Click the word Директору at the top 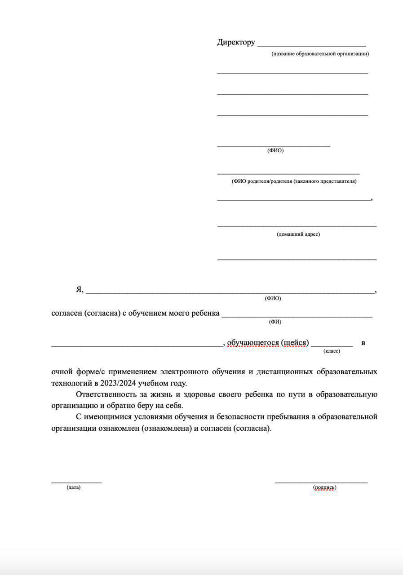(236, 42)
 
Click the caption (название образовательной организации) (320, 54)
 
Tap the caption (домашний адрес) (298, 234)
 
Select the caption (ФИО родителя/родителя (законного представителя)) (294, 181)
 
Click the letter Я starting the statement (79, 290)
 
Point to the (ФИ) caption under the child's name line (275, 322)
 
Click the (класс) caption (332, 351)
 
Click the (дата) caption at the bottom (74, 487)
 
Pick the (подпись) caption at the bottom (324, 487)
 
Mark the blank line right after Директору (311, 44)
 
